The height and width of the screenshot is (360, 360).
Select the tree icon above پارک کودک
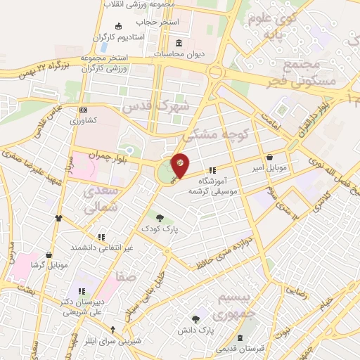(160, 219)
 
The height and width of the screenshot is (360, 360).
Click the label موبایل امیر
(271, 169)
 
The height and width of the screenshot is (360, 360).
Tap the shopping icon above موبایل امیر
(271, 158)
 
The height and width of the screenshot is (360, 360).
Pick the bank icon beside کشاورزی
(83, 110)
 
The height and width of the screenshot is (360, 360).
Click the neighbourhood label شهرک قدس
(155, 107)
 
